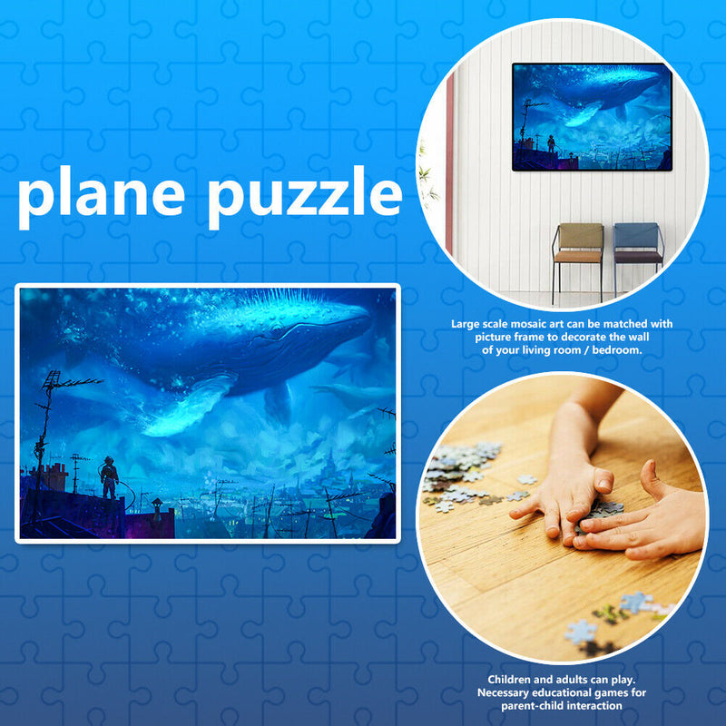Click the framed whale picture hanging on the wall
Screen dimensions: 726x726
(x=591, y=116)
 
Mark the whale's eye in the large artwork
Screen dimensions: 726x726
(x=266, y=337)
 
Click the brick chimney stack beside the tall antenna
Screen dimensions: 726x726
(x=54, y=476)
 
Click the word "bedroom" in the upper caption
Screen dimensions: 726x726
(x=617, y=349)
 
